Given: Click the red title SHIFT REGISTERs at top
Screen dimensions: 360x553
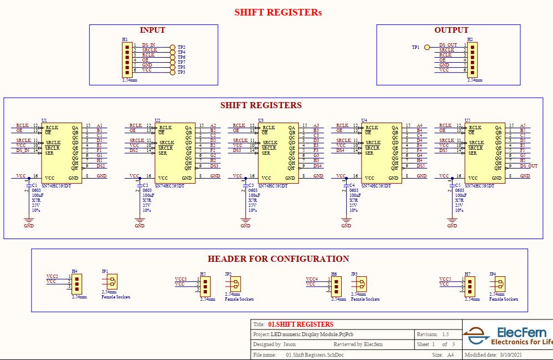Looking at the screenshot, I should (x=277, y=12).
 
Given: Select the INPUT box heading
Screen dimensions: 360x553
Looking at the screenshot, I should (x=153, y=30).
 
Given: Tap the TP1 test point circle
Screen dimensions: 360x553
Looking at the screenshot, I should (x=427, y=48).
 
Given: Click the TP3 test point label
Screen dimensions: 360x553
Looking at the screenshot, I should (x=181, y=73).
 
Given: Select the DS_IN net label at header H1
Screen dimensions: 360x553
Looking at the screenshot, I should (x=149, y=45).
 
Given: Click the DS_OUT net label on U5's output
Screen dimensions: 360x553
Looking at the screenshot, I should (x=529, y=166).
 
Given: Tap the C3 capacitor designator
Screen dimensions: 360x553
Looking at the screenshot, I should (x=251, y=185).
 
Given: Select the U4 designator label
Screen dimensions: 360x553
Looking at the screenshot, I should (x=364, y=120).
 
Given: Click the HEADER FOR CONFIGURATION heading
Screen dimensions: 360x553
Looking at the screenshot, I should (x=278, y=259).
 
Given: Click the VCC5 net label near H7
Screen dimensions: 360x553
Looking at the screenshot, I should (x=445, y=279).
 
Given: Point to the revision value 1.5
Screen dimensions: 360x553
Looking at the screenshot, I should (x=445, y=334).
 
